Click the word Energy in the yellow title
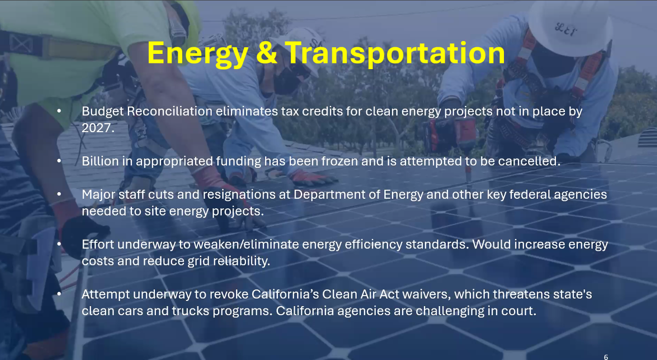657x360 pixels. coord(198,54)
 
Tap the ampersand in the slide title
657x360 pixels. coord(267,52)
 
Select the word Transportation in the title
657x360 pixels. coord(395,54)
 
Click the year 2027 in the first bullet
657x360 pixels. coord(98,128)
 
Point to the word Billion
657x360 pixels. coord(100,161)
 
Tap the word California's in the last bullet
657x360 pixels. coord(286,294)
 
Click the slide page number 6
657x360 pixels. coord(606,357)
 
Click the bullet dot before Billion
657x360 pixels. coord(59,161)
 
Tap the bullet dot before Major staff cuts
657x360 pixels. coord(59,194)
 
